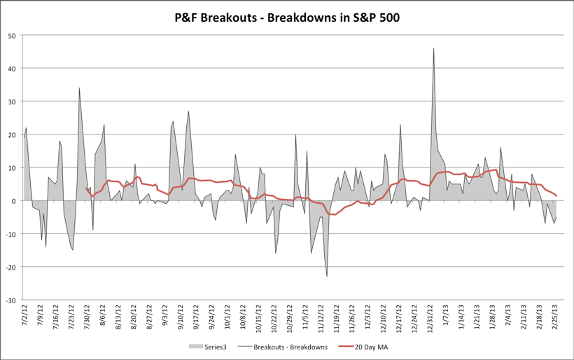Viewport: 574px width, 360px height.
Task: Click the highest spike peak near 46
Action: click(434, 48)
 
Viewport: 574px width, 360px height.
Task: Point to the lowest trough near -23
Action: click(327, 277)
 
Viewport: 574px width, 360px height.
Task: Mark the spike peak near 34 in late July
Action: click(79, 88)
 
